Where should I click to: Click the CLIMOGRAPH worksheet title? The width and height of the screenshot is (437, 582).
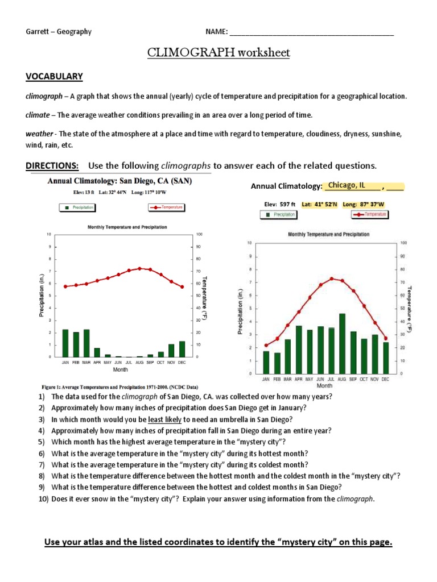tap(218, 53)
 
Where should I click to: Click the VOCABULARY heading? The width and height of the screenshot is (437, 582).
tap(54, 76)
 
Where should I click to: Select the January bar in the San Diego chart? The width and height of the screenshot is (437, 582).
tap(65, 343)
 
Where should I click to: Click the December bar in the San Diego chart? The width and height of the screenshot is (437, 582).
tap(182, 349)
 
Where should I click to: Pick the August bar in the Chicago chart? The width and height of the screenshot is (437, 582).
tap(342, 343)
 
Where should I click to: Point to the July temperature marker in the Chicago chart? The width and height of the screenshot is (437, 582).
tap(331, 278)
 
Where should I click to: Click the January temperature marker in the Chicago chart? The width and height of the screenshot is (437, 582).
tap(266, 345)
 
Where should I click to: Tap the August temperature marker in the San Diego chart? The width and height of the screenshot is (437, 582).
tap(139, 268)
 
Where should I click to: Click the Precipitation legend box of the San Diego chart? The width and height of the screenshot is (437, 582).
tap(77, 208)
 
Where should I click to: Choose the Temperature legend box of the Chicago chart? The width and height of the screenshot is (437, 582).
tap(371, 214)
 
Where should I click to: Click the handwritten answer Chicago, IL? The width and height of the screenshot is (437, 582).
tap(347, 185)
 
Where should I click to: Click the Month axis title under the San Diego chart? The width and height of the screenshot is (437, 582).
tap(120, 369)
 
